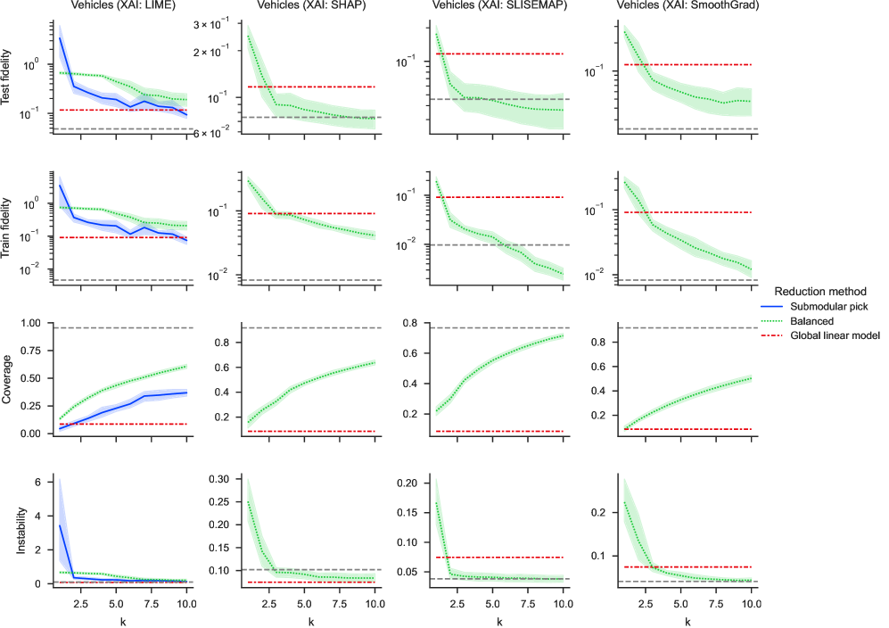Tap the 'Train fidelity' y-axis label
(9, 226)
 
